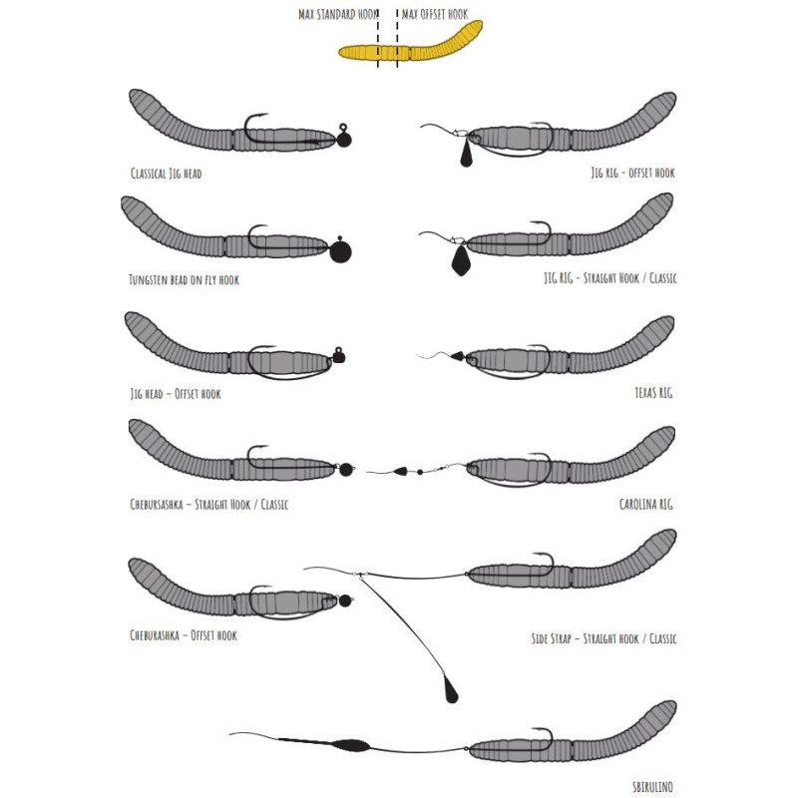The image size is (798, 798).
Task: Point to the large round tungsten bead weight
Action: click(x=340, y=250)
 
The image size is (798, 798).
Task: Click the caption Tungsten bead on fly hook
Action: click(x=184, y=280)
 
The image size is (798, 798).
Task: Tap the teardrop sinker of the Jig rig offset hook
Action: click(x=466, y=156)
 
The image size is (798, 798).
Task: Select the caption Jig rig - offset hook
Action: click(x=632, y=173)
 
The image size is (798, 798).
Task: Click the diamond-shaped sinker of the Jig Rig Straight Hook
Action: click(x=462, y=261)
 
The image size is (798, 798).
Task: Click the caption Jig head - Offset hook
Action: click(x=175, y=394)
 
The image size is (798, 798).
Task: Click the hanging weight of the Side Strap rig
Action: click(x=452, y=689)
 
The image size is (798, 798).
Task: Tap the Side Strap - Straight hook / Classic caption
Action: click(x=603, y=637)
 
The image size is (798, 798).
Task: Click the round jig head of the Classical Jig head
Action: click(x=344, y=139)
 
